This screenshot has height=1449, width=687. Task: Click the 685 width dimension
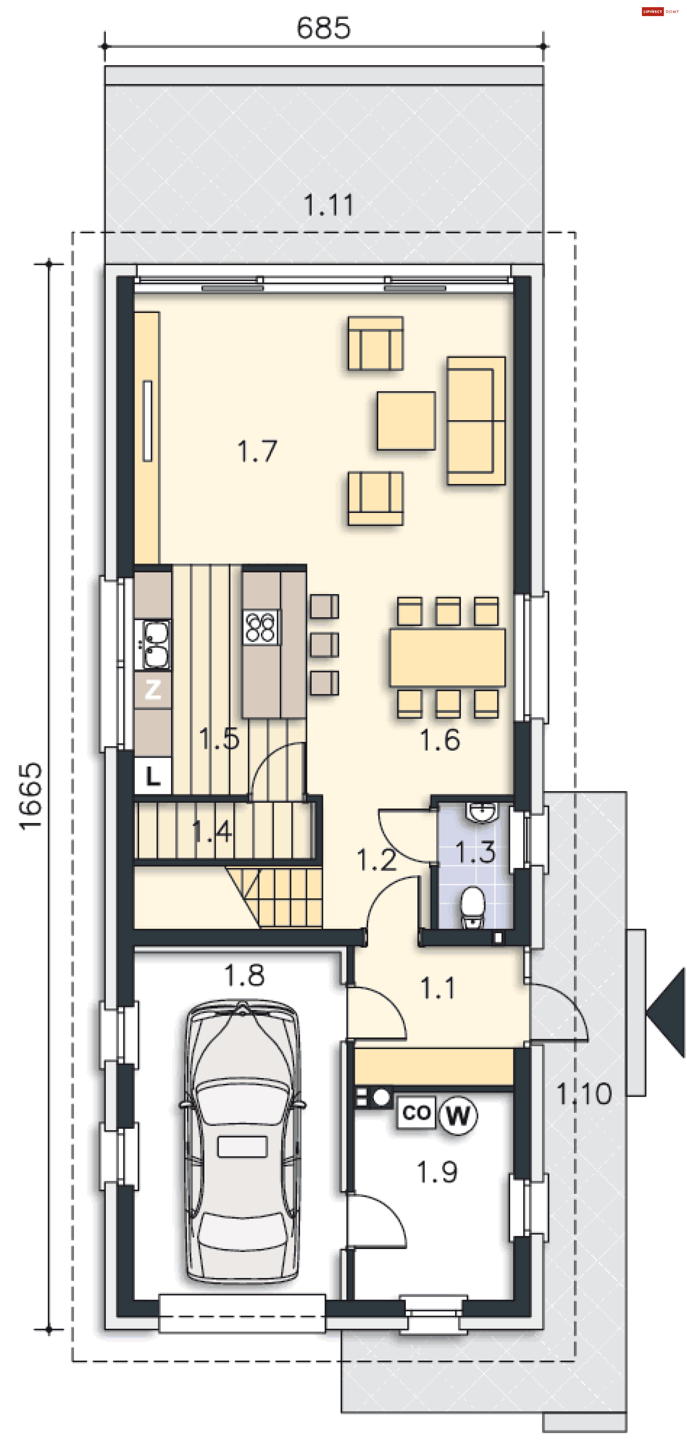pos(323,28)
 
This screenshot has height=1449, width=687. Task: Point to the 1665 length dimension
pos(30,796)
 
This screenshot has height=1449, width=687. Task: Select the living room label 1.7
pos(257,451)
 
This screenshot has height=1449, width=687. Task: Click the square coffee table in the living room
pos(406,421)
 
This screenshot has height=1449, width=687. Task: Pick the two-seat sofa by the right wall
pos(476,420)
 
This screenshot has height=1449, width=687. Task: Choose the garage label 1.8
pos(244,975)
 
